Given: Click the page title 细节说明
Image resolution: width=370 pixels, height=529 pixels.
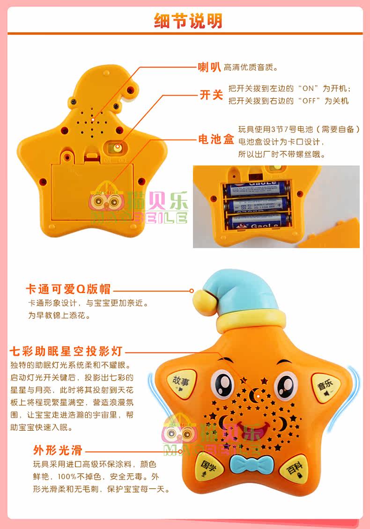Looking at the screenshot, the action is [188, 21].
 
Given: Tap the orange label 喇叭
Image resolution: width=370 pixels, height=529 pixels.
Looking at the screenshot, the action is [209, 67].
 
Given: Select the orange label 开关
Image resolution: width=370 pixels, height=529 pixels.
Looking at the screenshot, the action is [211, 95].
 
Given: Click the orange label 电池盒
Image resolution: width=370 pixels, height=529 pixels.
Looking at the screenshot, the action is [216, 139].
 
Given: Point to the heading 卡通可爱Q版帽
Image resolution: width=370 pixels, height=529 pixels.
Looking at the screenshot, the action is [68, 289].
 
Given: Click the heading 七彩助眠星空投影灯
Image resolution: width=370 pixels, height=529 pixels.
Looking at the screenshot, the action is [66, 351].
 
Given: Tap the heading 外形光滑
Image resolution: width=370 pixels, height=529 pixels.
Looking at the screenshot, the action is [58, 450].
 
